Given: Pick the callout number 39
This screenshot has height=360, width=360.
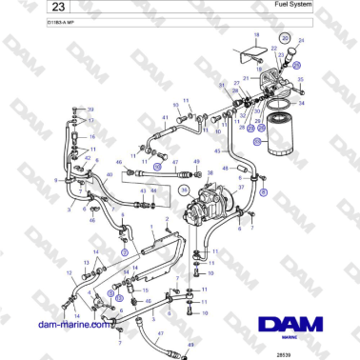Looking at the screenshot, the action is coord(92,110).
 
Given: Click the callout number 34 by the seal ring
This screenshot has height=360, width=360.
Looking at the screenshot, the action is coord(302,103).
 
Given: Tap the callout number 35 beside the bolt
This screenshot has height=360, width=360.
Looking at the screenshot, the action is coord(298,66).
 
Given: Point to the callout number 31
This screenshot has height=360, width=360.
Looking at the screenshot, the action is coord(221,87).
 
